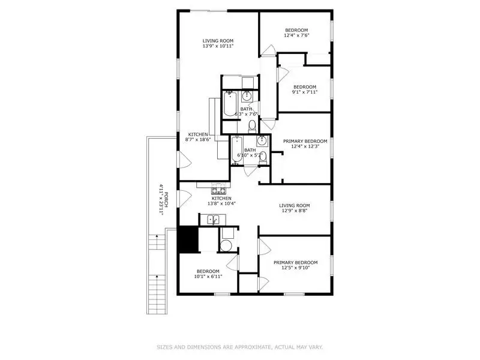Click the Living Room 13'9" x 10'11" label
pyautogui.click(x=218, y=43)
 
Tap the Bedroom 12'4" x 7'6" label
pyautogui.click(x=296, y=33)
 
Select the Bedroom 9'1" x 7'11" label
pyautogui.click(x=304, y=89)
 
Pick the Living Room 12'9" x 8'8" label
pyautogui.click(x=294, y=208)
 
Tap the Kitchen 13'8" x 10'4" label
pyautogui.click(x=221, y=201)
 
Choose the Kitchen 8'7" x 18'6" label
pyautogui.click(x=198, y=137)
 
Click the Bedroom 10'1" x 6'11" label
pyautogui.click(x=208, y=274)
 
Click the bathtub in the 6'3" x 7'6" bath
pyautogui.click(x=230, y=104)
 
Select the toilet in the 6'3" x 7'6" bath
pyautogui.click(x=253, y=125)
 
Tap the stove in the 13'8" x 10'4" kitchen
pyautogui.click(x=218, y=190)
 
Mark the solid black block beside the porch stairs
pyautogui.click(x=188, y=240)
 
